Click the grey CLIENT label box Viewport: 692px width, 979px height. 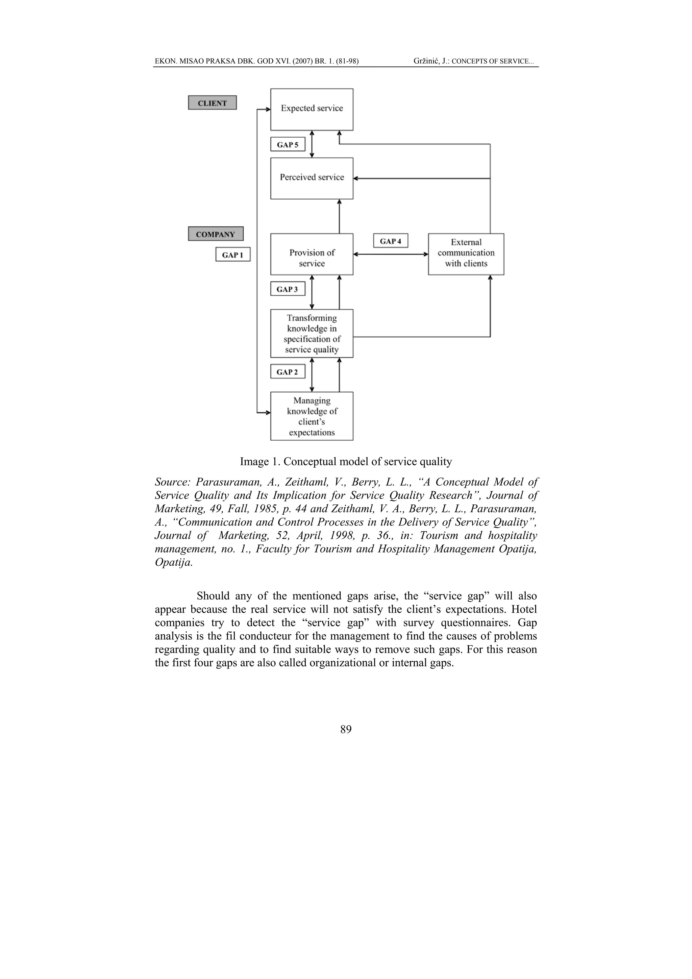point(212,103)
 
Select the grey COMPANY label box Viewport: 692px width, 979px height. point(216,234)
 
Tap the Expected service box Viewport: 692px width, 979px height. point(312,109)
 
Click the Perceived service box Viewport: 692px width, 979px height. point(312,178)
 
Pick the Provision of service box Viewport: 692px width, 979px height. point(312,254)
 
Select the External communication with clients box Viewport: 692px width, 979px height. point(466,254)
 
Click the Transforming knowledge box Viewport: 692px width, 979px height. point(312,334)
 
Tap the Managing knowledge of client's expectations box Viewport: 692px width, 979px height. point(312,416)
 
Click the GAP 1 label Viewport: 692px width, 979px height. point(233,254)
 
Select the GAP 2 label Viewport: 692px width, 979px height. point(288,372)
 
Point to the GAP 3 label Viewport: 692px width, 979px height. point(288,289)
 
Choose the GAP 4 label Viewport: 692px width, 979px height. point(391,241)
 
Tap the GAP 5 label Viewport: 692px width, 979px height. point(288,145)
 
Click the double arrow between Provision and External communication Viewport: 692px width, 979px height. point(391,254)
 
